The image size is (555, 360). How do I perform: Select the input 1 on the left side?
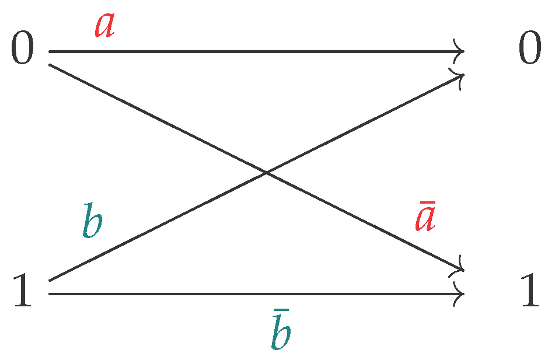coord(22,292)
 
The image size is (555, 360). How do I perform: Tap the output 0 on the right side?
coord(530,51)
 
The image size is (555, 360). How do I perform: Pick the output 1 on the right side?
coord(530,292)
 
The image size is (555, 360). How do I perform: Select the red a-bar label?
coord(424,220)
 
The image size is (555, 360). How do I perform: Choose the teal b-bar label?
coord(281,334)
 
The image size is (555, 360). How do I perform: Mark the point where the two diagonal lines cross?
coord(266,173)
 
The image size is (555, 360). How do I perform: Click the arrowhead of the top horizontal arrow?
coord(461,51)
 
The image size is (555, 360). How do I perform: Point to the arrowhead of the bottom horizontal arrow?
coord(461,293)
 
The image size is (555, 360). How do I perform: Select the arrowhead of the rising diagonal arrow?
coord(460,76)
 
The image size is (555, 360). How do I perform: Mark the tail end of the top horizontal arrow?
coord(50,51)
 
